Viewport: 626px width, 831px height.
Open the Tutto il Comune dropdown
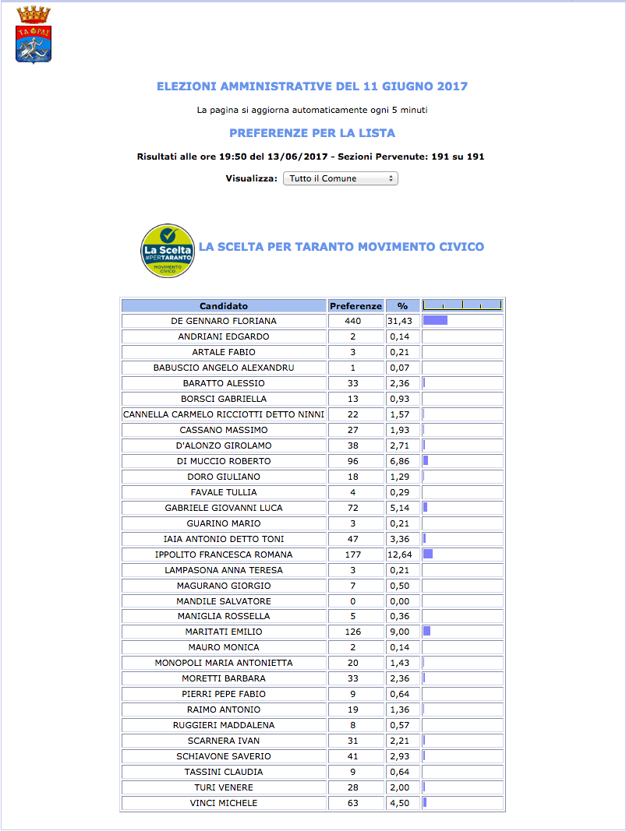pos(340,178)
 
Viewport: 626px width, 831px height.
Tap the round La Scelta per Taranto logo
pos(167,250)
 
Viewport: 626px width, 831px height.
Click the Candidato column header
pos(224,306)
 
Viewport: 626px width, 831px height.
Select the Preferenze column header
pos(355,306)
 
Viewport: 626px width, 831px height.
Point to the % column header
pos(402,306)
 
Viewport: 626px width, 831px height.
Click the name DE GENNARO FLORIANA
pos(224,321)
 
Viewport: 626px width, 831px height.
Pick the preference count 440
pos(355,321)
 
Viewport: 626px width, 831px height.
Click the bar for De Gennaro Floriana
pos(435,320)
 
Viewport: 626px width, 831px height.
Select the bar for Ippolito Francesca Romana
pos(428,554)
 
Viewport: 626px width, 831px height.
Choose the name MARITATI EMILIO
pos(224,632)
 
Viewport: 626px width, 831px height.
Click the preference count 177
pos(355,555)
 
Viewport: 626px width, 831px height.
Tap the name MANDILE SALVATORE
pos(224,601)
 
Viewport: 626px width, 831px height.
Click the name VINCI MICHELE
pos(224,803)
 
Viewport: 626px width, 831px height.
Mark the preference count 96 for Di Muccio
pos(355,461)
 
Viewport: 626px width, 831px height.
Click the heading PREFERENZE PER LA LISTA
pos(312,133)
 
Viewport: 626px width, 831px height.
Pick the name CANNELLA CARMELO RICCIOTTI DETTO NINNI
pos(224,414)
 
